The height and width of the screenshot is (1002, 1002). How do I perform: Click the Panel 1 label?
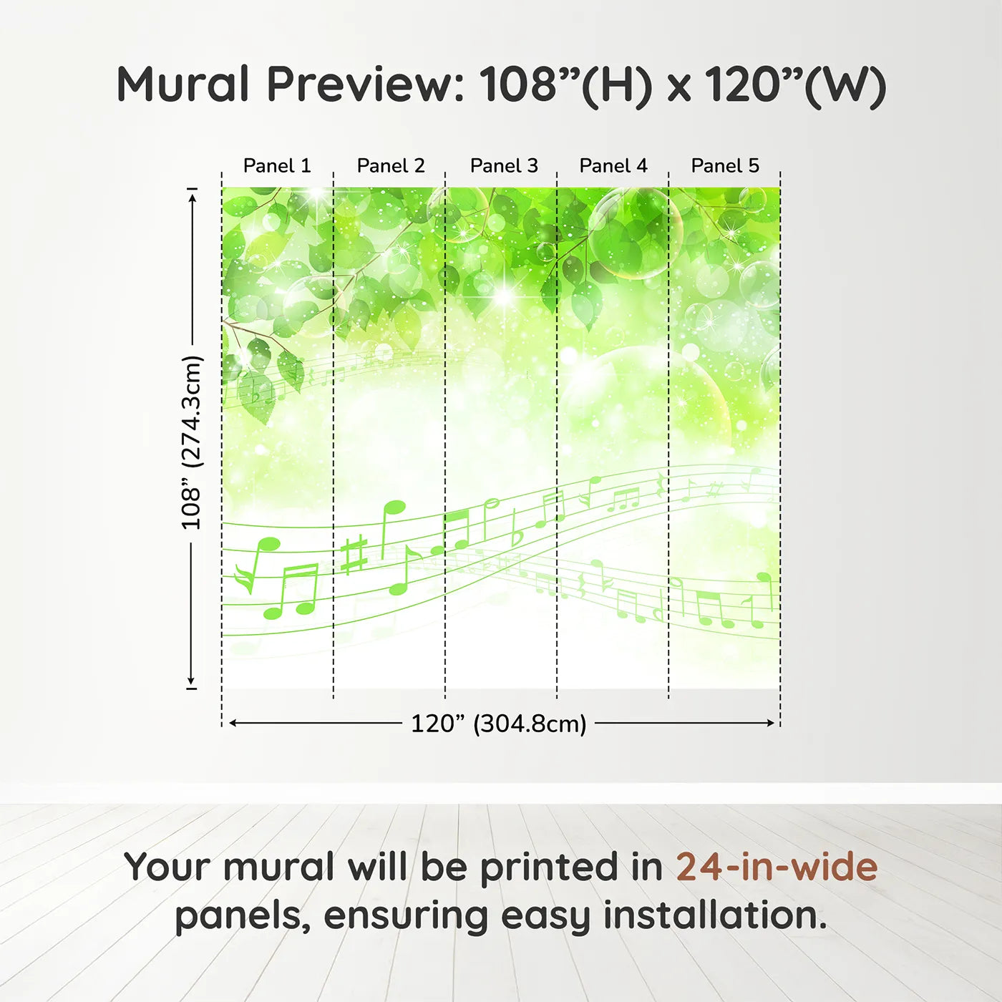click(277, 166)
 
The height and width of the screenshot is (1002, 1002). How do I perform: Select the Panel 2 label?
click(391, 166)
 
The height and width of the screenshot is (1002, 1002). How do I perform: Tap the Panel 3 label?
click(504, 166)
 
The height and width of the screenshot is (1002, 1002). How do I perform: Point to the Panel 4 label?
click(613, 166)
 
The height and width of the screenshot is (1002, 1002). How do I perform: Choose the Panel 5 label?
click(725, 166)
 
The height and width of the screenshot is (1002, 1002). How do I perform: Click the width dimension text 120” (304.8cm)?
click(499, 724)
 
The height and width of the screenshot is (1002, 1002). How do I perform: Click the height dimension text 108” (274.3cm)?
click(191, 442)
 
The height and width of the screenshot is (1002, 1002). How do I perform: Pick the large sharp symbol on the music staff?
click(354, 554)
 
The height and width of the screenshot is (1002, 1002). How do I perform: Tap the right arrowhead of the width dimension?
click(771, 723)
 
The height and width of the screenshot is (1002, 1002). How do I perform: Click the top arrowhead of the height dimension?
click(193, 198)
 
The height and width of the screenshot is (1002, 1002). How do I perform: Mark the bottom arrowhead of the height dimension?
click(191, 680)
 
